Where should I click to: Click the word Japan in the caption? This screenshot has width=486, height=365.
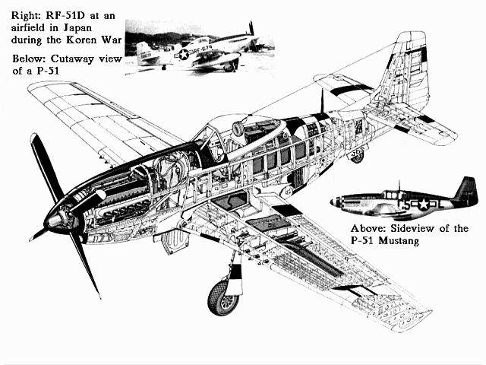click(77, 28)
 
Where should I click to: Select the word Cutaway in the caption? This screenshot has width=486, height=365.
click(73, 59)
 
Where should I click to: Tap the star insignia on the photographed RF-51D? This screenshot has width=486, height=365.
click(184, 54)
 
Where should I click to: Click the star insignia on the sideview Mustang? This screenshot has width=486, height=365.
click(423, 205)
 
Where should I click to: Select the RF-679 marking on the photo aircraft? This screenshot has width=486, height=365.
click(203, 49)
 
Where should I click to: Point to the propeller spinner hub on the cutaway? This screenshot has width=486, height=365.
click(56, 220)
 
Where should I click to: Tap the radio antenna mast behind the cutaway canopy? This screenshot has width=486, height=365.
click(322, 101)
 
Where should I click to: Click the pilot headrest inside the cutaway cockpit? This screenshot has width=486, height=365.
click(238, 129)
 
